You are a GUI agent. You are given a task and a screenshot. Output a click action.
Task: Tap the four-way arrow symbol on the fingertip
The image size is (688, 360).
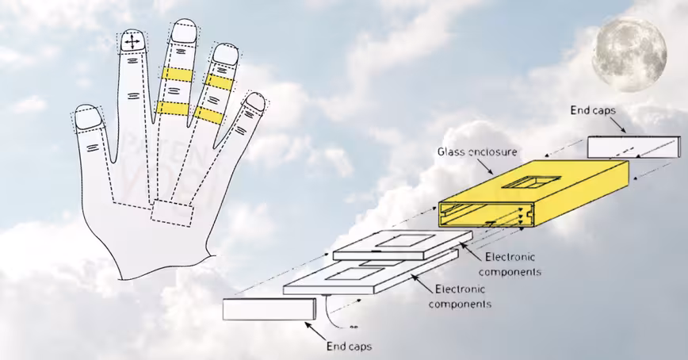[x=132, y=40]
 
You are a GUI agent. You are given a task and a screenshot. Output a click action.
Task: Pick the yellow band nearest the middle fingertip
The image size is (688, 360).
[x=176, y=74]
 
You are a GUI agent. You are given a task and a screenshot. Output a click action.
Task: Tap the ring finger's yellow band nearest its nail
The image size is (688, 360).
[x=218, y=81]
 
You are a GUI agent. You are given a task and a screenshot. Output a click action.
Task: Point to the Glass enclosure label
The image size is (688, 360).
[x=469, y=151]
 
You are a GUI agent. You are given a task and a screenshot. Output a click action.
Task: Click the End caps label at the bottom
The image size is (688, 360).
[x=349, y=346]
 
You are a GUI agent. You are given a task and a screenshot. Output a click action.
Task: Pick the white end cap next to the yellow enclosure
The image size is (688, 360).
[x=633, y=147]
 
